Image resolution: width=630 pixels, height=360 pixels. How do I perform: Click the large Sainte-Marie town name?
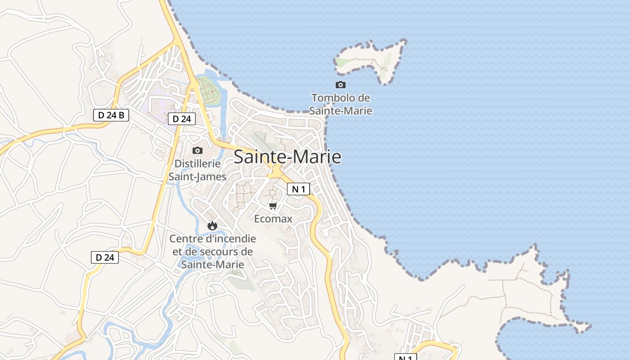(287, 157)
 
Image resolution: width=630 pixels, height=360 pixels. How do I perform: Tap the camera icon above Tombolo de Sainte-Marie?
(341, 85)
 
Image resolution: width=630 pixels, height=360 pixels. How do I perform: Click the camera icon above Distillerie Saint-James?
(197, 150)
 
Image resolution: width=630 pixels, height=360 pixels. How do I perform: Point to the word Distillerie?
(197, 163)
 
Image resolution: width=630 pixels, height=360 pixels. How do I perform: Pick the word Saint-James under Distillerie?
(197, 176)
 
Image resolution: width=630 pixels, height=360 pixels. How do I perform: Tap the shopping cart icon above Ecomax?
(273, 206)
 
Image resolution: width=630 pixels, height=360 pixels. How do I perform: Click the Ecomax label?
(273, 219)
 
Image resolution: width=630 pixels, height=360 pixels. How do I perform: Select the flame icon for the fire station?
(212, 225)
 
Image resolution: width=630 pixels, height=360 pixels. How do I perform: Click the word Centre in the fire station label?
(184, 238)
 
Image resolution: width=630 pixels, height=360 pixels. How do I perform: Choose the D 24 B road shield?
(111, 115)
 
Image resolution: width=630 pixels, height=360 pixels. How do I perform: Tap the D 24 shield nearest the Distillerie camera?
(182, 119)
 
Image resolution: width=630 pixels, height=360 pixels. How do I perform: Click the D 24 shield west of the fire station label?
(105, 257)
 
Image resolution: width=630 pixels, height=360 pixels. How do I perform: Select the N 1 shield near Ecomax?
(298, 189)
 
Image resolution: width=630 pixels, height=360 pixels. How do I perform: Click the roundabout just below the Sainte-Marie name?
(274, 172)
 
